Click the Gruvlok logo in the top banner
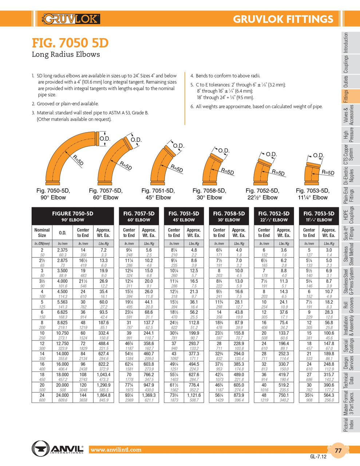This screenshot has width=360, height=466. point(71,19)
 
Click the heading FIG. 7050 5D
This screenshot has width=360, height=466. point(70,43)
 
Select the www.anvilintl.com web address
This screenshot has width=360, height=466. point(116,450)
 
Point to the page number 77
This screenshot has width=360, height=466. point(338,450)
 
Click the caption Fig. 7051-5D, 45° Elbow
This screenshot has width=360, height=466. point(158,194)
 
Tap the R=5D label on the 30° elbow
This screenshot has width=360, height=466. point(228,171)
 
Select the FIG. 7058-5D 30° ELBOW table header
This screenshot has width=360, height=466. point(229,216)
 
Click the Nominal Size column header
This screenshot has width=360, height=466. point(42,233)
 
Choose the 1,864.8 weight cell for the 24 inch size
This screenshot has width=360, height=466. point(103,395)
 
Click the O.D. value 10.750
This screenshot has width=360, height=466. point(62,333)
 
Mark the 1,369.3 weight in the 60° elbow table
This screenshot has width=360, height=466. point(149,395)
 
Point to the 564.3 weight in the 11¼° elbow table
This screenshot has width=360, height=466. point(328,395)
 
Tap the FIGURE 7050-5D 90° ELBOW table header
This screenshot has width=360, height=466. point(72,216)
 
